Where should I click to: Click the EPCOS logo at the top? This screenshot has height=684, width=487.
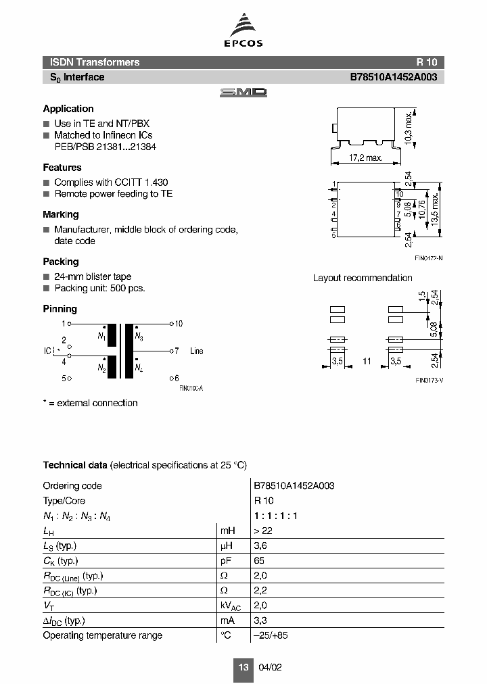point(243,31)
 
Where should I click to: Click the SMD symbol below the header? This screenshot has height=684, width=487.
point(243,93)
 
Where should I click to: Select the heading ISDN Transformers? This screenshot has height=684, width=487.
point(91,62)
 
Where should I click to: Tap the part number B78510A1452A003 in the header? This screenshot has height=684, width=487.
point(393,77)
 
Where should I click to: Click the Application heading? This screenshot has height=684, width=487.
point(68,109)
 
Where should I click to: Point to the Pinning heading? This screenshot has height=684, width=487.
point(60,309)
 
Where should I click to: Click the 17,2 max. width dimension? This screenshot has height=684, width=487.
point(366,157)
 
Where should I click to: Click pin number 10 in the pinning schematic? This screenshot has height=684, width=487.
point(179,324)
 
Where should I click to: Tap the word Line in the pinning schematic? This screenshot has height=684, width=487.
point(196,351)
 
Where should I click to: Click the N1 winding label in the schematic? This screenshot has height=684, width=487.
point(101,336)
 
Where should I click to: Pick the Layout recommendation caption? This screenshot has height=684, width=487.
point(363,278)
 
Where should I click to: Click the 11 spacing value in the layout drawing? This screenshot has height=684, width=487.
point(367,362)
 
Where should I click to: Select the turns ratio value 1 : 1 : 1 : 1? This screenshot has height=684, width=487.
point(276,516)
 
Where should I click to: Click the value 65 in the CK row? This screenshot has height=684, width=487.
point(260,561)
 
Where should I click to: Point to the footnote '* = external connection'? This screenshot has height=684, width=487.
point(90,403)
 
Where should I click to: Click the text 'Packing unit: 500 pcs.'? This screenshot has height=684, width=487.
point(99,288)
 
